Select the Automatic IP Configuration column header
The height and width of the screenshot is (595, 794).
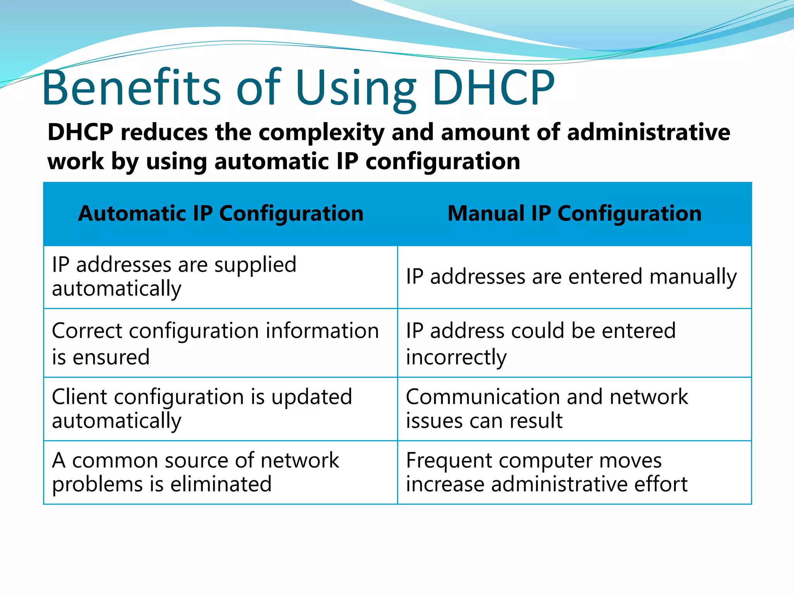click(221, 213)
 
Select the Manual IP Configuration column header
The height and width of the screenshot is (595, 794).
click(575, 213)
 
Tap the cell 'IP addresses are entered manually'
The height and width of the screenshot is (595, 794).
click(571, 277)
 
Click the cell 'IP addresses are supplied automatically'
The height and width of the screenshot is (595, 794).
click(174, 277)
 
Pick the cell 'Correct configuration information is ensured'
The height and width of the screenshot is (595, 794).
click(215, 343)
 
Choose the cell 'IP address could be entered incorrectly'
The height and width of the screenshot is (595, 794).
click(541, 343)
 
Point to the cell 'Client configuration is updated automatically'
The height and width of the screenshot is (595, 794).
click(202, 408)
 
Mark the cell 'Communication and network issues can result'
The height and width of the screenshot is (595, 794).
click(547, 408)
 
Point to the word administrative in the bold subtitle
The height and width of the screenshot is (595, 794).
click(648, 132)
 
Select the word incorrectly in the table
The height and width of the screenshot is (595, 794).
click(456, 357)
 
